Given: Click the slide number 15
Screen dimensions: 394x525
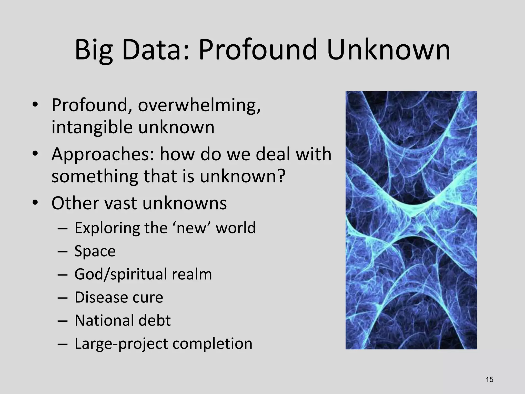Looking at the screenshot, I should [489, 379].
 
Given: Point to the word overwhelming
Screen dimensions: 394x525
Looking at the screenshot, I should [199, 105].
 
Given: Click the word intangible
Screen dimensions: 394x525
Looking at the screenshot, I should [92, 127].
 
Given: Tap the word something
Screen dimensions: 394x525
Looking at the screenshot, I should [95, 176].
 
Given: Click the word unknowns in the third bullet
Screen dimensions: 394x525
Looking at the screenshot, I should [185, 203].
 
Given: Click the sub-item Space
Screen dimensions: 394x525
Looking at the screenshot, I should [95, 251].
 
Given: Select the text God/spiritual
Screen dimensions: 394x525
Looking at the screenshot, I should [120, 274].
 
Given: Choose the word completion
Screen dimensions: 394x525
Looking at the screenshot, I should [212, 344].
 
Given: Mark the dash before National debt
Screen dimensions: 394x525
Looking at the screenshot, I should [63, 321].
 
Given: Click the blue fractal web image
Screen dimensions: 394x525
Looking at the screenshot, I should [411, 220].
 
